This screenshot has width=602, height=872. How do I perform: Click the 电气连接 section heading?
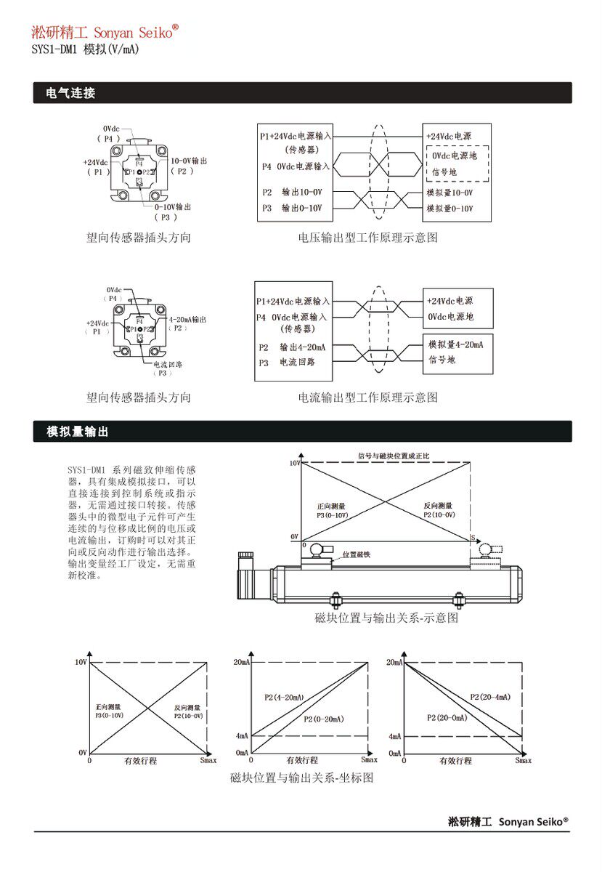[x=70, y=93]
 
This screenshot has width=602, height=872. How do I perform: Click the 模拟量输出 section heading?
[x=78, y=432]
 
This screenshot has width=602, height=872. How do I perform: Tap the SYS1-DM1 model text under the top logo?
[x=86, y=49]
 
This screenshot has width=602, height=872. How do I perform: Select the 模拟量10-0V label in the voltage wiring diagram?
[x=450, y=193]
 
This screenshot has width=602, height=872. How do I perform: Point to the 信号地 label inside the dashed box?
[x=444, y=172]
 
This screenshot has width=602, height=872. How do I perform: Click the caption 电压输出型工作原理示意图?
[x=368, y=238]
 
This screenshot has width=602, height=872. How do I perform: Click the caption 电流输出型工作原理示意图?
[x=368, y=397]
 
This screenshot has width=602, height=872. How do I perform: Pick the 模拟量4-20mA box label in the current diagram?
[x=456, y=344]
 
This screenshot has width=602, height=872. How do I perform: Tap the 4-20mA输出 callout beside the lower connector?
[x=187, y=319]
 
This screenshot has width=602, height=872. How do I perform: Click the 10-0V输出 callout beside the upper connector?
[x=189, y=160]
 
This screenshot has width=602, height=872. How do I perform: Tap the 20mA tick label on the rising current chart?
[x=242, y=662]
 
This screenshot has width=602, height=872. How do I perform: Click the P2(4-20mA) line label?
[x=284, y=698]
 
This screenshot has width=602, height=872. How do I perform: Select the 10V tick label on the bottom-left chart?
[x=81, y=662]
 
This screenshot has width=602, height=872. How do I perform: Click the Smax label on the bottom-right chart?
[x=523, y=760]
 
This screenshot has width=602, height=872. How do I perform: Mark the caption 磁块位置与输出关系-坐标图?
[x=301, y=778]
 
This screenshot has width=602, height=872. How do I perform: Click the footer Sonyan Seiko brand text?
[x=508, y=821]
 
